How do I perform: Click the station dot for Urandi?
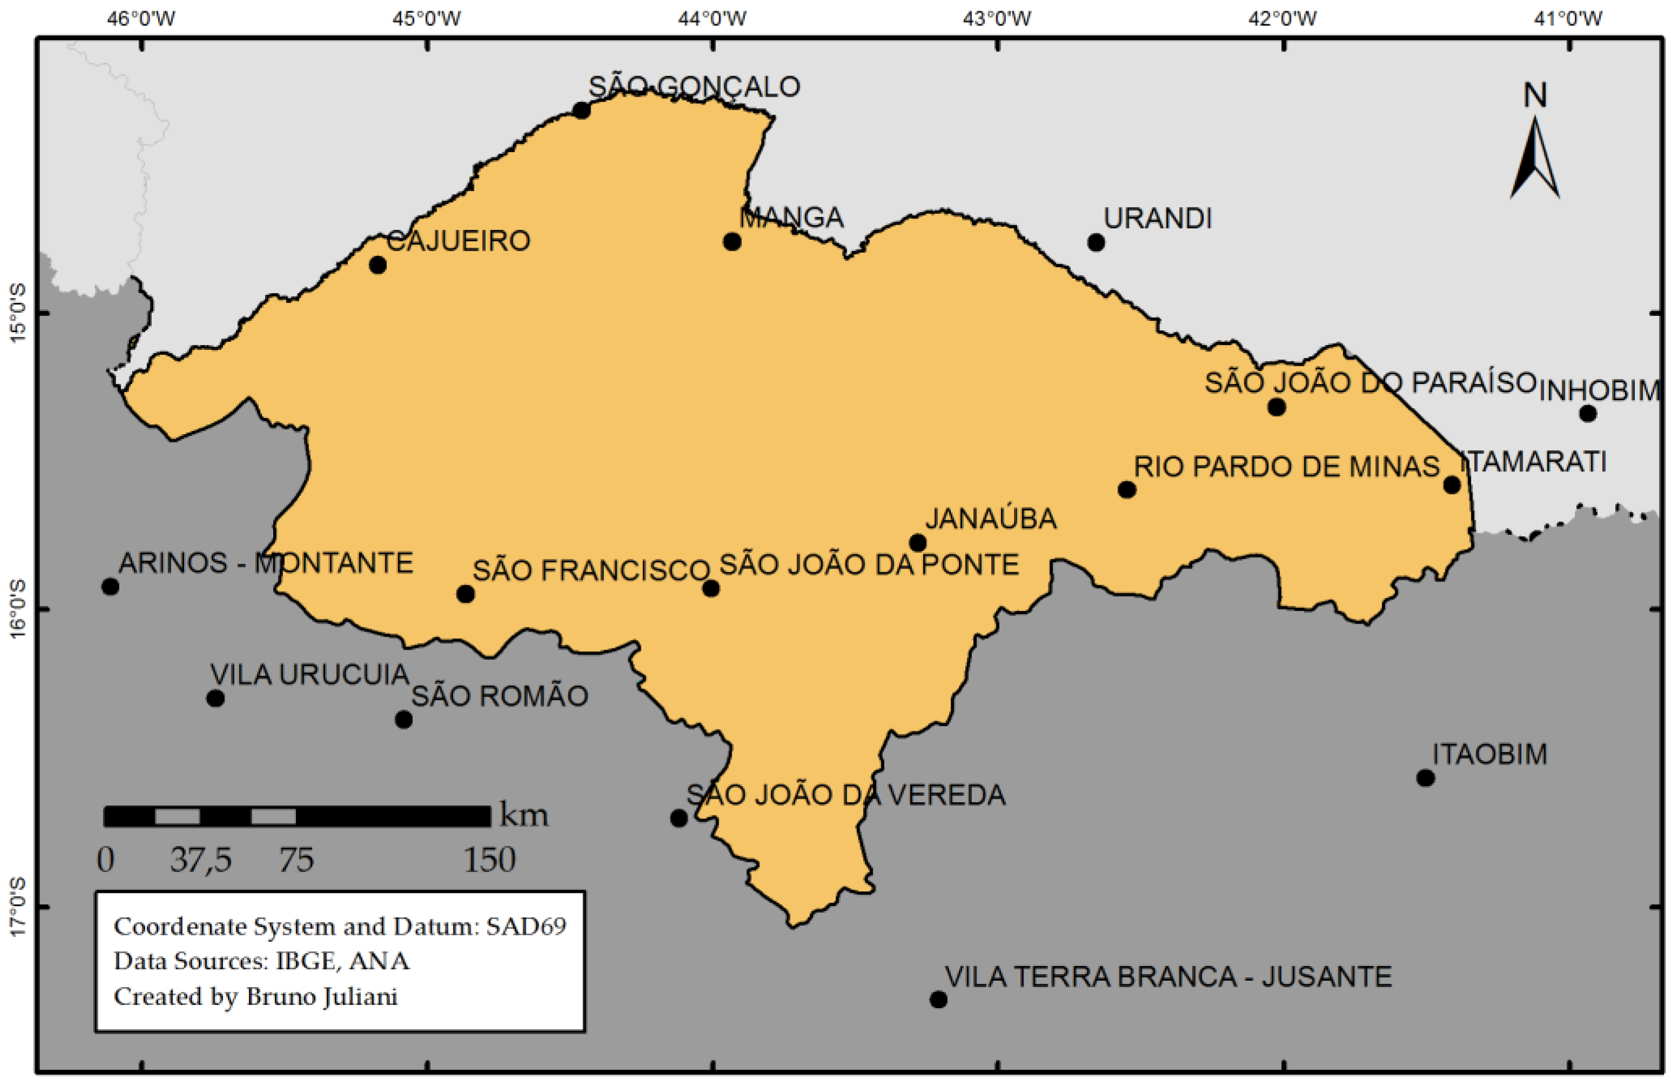click(x=1096, y=242)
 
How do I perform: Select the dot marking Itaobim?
click(x=1425, y=778)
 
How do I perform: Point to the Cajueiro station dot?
click(x=378, y=265)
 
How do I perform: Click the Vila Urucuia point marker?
click(x=215, y=698)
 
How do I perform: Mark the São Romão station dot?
click(x=404, y=719)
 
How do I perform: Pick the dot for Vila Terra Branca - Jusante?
click(x=938, y=999)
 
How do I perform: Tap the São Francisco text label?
click(x=591, y=570)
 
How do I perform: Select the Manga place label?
click(x=791, y=218)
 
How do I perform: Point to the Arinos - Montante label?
click(x=266, y=563)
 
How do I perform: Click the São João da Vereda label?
click(x=845, y=795)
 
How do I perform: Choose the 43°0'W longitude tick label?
click(x=997, y=19)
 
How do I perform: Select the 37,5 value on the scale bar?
click(x=201, y=860)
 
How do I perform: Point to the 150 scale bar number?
click(x=489, y=860)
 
